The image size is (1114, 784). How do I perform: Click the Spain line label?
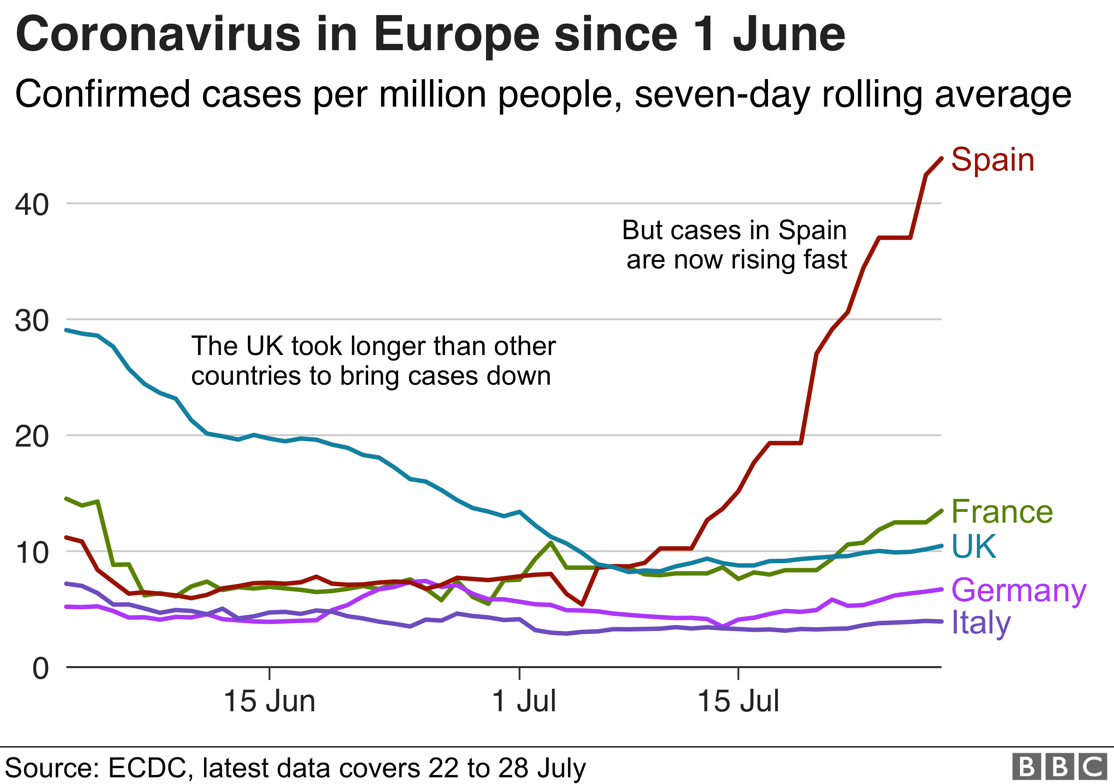point(993,160)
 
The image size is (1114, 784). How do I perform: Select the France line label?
point(1002,512)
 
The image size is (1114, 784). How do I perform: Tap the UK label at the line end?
point(973,546)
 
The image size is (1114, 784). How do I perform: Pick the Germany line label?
point(1018,591)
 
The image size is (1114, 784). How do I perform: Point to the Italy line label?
point(981,622)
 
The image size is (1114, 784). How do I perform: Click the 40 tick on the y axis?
point(32,204)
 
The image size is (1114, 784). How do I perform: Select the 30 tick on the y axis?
point(32,320)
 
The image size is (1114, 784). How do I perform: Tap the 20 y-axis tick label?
point(32,437)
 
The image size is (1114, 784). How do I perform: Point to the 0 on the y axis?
point(41,668)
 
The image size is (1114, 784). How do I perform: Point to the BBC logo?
point(1060,767)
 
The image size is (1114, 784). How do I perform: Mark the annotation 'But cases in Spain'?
point(734,230)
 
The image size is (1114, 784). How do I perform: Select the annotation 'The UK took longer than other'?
point(373,346)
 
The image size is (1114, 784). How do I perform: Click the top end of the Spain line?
point(942,158)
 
